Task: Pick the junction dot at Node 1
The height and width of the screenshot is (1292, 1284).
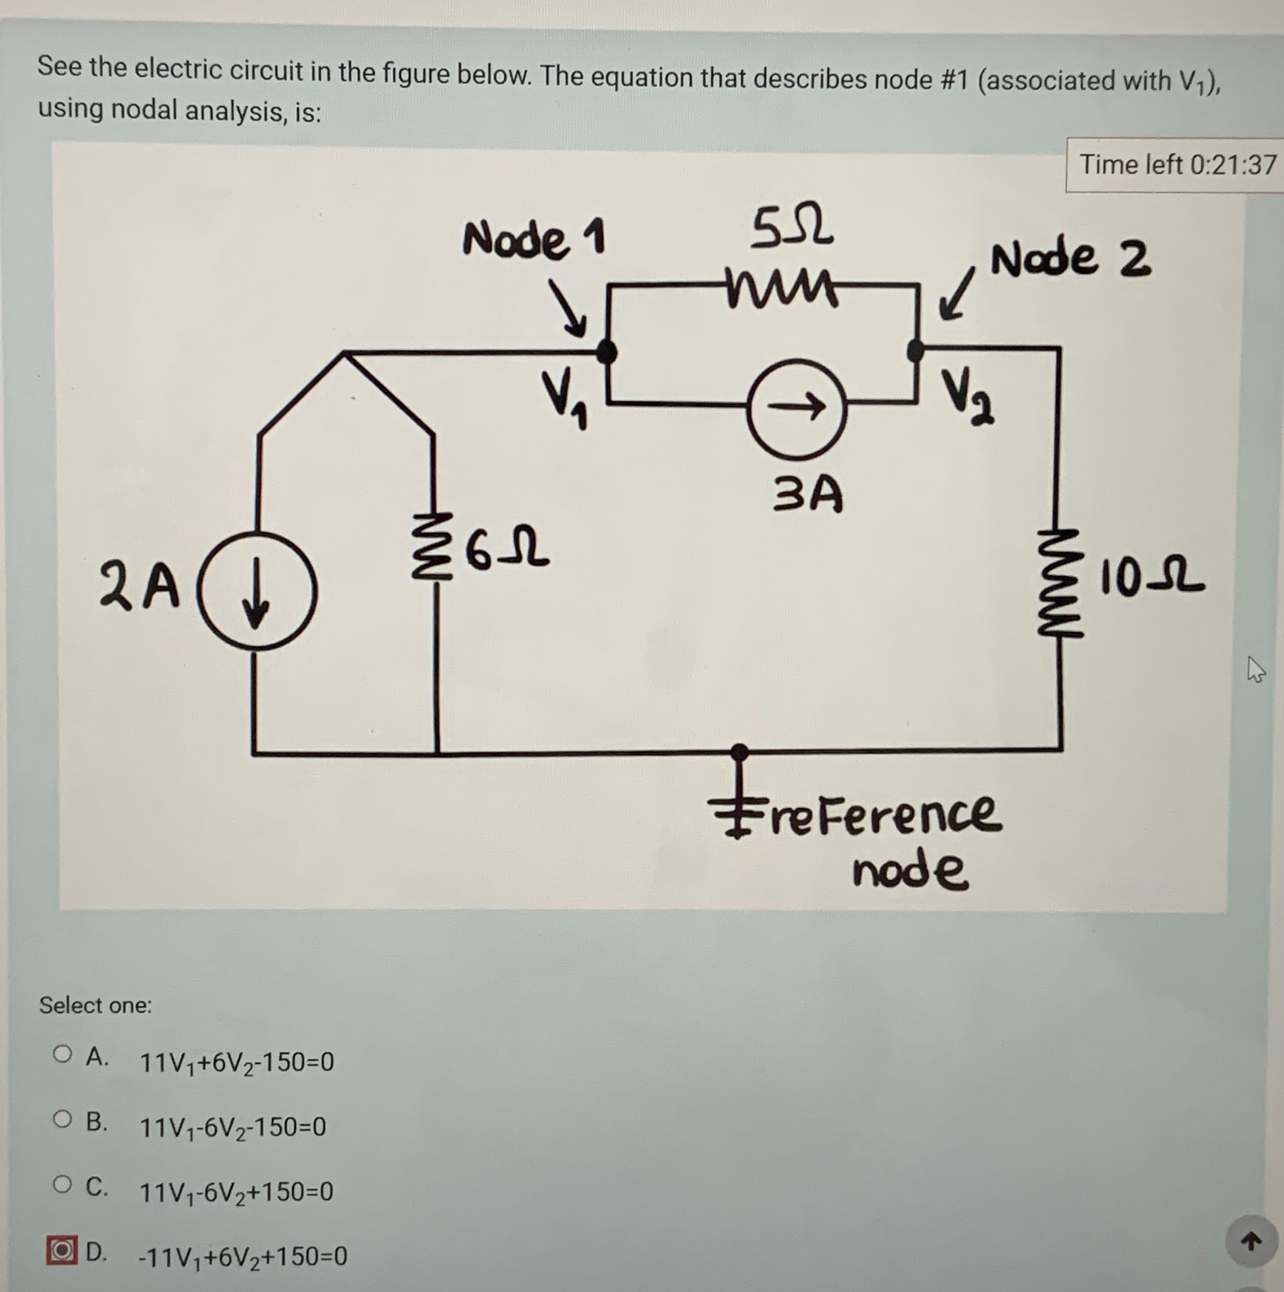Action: [607, 352]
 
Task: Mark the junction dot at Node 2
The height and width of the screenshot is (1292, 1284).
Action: [916, 350]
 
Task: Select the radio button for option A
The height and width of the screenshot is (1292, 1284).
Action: [63, 1054]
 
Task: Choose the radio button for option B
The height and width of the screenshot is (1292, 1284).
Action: [63, 1119]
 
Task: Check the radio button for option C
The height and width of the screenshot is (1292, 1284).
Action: [63, 1184]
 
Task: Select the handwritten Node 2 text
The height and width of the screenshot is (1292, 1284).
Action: [1071, 258]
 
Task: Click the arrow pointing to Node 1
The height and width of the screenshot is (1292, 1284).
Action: [569, 309]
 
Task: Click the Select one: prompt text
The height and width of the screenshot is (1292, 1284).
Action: [96, 1005]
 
